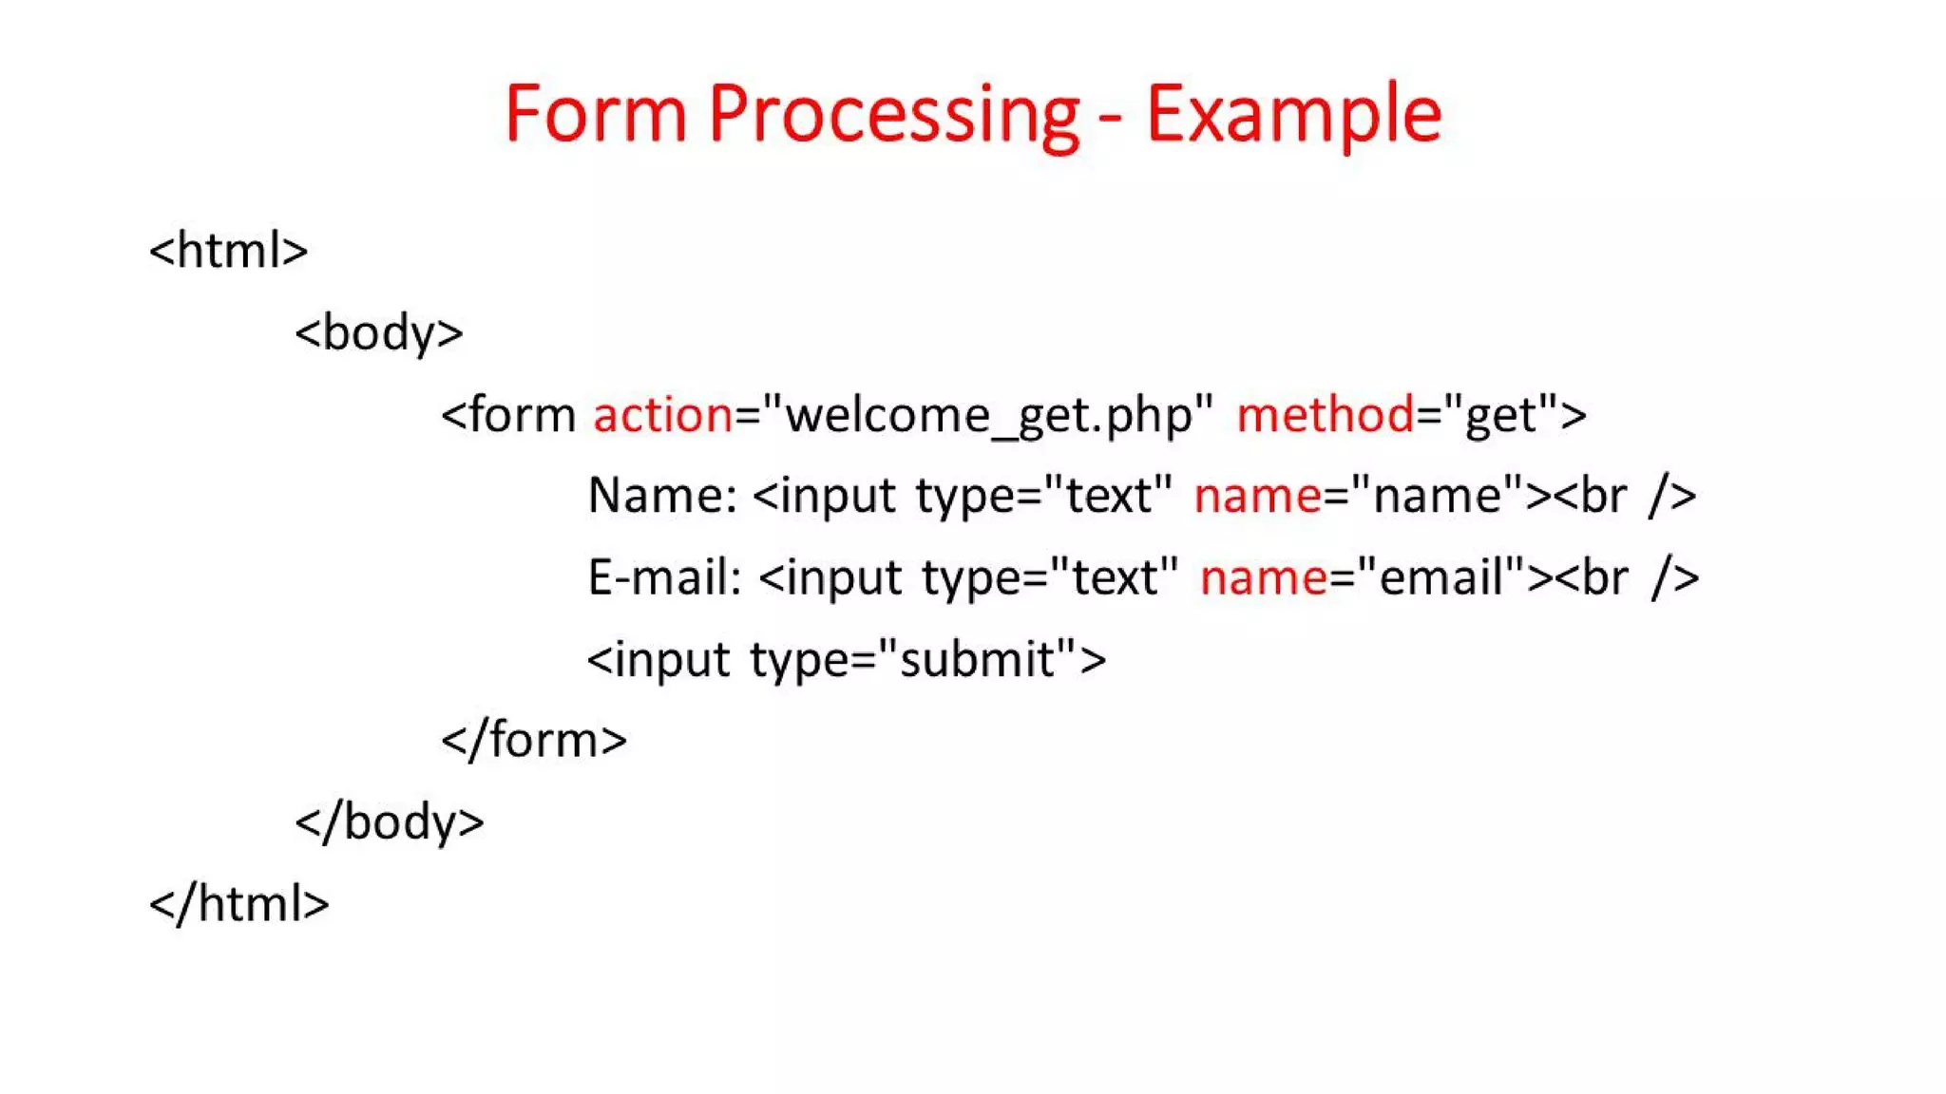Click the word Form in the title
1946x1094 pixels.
595,114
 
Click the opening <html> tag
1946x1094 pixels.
229,251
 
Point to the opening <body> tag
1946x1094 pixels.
379,333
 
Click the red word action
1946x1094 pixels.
662,415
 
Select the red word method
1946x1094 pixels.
1325,415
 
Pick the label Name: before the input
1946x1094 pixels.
662,496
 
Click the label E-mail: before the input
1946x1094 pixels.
664,577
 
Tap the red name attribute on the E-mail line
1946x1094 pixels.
1263,577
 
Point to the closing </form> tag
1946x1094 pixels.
534,740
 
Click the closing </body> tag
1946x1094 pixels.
390,821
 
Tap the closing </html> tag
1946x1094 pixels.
239,903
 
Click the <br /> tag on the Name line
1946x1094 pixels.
1624,496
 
